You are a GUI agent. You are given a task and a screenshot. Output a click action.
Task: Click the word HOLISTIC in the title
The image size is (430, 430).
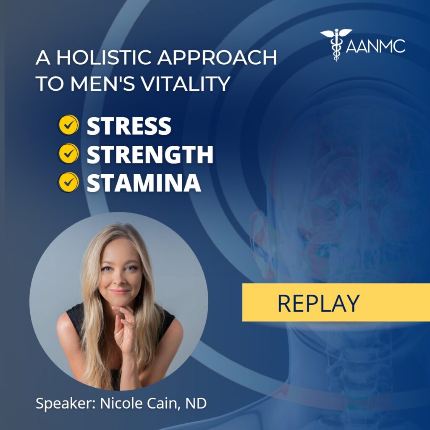click(x=105, y=58)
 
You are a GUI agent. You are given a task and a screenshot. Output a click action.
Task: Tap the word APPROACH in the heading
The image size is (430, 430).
click(x=217, y=58)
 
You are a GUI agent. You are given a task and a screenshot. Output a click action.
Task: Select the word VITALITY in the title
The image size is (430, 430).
click(x=186, y=84)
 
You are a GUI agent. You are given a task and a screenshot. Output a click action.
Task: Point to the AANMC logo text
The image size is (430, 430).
click(x=375, y=46)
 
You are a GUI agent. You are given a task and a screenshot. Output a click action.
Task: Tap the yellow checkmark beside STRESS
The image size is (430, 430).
click(x=68, y=125)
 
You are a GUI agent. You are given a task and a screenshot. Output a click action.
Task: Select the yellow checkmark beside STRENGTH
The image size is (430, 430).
click(x=68, y=154)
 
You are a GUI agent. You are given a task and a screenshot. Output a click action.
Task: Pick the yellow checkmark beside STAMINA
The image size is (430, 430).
click(x=68, y=182)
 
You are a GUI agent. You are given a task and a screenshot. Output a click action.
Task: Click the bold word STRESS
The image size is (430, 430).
click(x=129, y=126)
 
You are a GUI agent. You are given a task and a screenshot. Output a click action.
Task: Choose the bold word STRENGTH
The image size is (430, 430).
click(x=150, y=154)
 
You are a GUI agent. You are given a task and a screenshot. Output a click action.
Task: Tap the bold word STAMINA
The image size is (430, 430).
click(x=144, y=183)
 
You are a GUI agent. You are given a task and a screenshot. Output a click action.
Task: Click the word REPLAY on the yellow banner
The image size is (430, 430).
click(x=318, y=303)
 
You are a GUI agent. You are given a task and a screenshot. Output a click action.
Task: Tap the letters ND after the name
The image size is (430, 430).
click(x=196, y=403)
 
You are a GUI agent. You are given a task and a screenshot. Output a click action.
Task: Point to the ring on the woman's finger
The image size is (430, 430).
click(x=136, y=325)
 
